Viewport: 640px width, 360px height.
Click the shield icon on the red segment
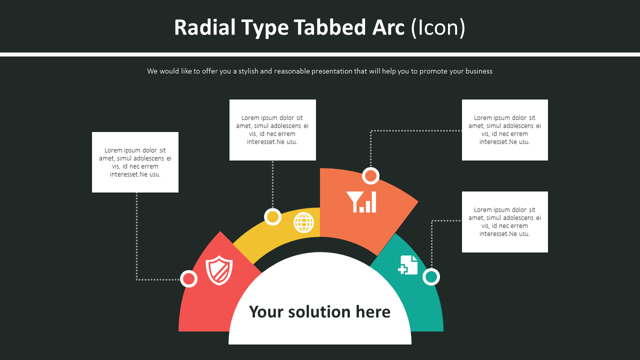(x=219, y=270)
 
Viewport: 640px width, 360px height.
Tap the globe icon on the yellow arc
(x=303, y=222)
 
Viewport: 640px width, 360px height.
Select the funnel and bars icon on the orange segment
(x=361, y=201)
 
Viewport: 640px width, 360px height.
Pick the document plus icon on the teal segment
(x=408, y=265)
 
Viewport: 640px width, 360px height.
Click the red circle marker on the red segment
(x=188, y=278)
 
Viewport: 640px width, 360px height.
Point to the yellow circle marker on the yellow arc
(x=272, y=217)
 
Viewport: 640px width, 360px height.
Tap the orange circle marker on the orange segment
(x=370, y=176)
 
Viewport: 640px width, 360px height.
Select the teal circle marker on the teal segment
(x=431, y=276)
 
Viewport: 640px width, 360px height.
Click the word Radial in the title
(x=204, y=27)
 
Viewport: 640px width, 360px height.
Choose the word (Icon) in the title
(x=438, y=27)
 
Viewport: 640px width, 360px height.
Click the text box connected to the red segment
(x=135, y=162)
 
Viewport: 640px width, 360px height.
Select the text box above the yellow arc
(x=272, y=130)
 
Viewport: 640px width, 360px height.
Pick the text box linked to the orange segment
(x=504, y=130)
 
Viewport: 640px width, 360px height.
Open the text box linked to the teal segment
(x=504, y=222)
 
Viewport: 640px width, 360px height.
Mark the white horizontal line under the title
(x=320, y=54)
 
